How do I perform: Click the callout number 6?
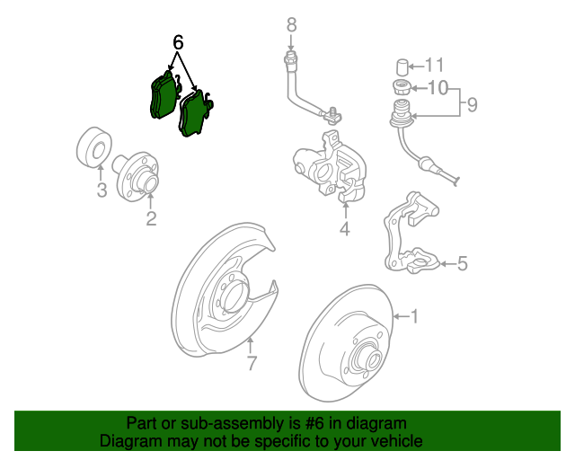point(178,42)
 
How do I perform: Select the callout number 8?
point(291,24)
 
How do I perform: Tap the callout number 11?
point(435,65)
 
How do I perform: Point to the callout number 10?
point(437,88)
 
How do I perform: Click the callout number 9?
point(472,105)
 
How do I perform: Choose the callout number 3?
point(102,190)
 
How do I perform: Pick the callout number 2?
point(151,217)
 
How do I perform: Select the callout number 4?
point(344,230)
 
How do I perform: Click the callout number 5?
point(463,263)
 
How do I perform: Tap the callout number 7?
point(252,364)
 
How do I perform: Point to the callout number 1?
point(414,315)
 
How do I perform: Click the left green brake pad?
point(162,95)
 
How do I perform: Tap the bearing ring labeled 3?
point(92,148)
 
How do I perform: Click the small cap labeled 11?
point(402,66)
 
